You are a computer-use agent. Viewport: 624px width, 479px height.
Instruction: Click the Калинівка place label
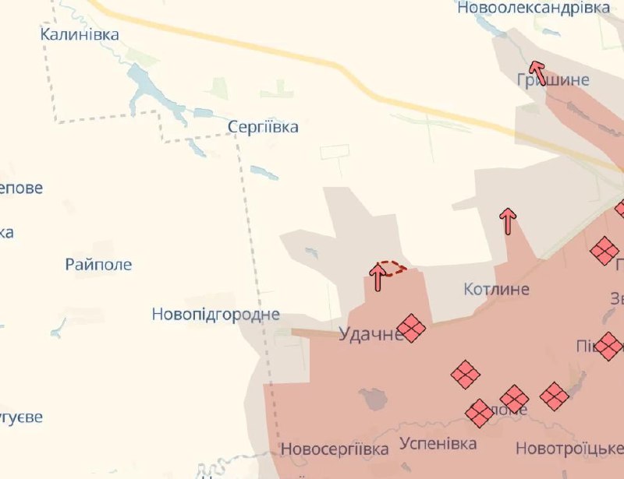point(80,34)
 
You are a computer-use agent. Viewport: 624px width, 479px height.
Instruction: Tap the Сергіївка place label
point(263,127)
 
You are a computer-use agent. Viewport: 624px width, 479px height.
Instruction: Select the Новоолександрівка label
point(534,8)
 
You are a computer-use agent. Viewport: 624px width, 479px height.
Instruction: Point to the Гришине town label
point(553,79)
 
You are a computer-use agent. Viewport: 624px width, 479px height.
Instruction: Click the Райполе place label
point(98,265)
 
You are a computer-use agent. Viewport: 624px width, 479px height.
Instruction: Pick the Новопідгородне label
point(216,315)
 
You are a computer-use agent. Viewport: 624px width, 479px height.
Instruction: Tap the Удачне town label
point(370,334)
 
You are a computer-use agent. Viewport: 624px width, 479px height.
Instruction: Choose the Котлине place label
point(496,290)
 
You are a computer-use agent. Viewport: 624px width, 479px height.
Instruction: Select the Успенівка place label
point(438,444)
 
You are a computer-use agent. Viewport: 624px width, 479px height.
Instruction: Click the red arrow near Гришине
point(537,71)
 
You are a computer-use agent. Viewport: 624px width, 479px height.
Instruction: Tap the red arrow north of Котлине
point(508,221)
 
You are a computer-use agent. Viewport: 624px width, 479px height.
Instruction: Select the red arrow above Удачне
point(378,277)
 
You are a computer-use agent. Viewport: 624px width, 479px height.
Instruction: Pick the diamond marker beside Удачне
point(411,328)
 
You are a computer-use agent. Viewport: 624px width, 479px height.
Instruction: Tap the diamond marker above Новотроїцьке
point(555,396)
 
